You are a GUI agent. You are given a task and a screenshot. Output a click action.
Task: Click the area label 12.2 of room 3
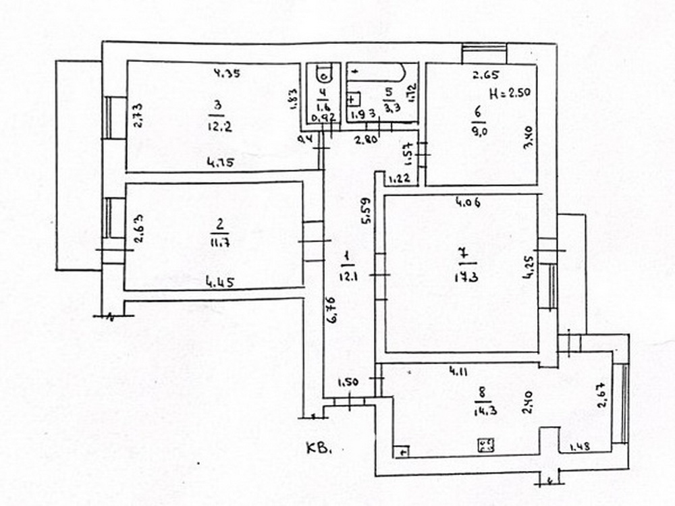(x=217, y=126)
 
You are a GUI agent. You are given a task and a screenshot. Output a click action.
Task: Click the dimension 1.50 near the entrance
(x=347, y=383)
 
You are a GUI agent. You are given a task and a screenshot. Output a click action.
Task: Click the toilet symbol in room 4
(x=323, y=73)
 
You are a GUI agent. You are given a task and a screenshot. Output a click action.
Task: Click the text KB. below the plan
(x=321, y=449)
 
